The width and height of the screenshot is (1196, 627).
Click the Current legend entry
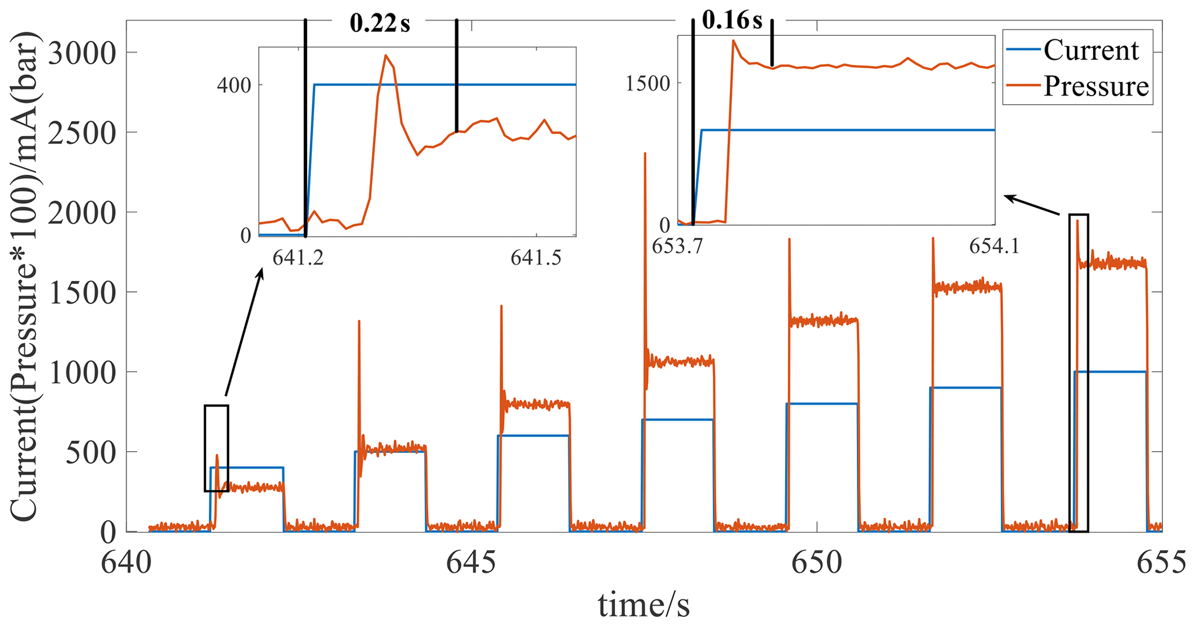click(x=1091, y=51)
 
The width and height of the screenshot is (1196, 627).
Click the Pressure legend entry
click(x=1095, y=87)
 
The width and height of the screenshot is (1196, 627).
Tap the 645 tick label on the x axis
click(x=470, y=562)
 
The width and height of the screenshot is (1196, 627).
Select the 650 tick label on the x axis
click(x=816, y=562)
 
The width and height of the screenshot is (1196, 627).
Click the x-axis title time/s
click(x=643, y=606)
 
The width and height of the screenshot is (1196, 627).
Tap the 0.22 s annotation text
click(x=380, y=24)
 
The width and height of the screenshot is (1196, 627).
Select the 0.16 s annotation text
click(x=732, y=20)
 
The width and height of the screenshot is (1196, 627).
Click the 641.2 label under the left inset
click(x=298, y=258)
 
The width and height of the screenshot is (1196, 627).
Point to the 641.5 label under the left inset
click(x=536, y=258)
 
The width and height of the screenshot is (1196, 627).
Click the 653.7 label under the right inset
click(x=677, y=246)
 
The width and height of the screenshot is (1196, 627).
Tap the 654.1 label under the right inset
click(x=994, y=246)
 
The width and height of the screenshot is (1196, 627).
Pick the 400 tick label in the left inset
click(x=234, y=86)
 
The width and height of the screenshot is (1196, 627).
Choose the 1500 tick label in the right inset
click(x=647, y=83)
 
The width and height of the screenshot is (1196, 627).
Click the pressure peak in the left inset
click(x=386, y=56)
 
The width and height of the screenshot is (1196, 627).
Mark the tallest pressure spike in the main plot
click(x=645, y=154)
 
